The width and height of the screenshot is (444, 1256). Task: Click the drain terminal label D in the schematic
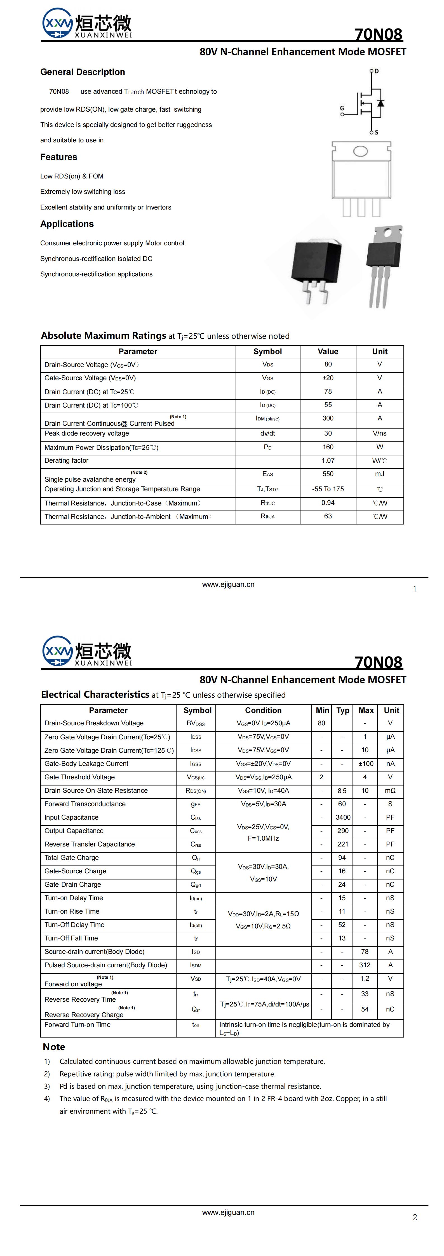(377, 71)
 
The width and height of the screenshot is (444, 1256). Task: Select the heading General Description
(83, 72)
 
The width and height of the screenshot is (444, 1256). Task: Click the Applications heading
(67, 224)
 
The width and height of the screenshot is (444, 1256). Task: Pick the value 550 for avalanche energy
(328, 474)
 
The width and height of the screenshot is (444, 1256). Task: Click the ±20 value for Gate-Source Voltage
(328, 378)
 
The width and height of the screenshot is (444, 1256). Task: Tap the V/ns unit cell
(380, 434)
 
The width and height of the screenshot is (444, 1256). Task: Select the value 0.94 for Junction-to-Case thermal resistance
(328, 503)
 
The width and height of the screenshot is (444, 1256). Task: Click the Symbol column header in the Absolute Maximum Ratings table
(267, 352)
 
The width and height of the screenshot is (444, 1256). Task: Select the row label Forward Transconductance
(85, 804)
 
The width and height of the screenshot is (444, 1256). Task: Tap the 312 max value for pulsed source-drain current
(365, 965)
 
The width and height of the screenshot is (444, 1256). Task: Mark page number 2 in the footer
(415, 1217)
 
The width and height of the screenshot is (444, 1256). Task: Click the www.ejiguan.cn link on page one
(228, 585)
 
